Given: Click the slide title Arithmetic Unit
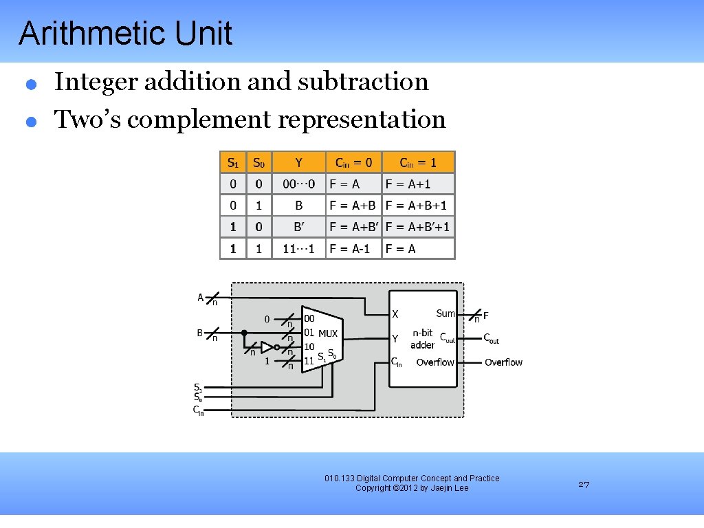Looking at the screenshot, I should (125, 34).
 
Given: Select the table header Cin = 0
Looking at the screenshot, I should (353, 162).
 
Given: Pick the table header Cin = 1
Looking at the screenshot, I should (418, 162).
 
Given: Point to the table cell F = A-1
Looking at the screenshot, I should (350, 249).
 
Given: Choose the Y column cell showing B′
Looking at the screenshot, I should (298, 227).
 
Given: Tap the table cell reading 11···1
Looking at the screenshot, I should (298, 249).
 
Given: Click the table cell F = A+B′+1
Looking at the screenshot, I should (418, 227).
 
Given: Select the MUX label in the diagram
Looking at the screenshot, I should (328, 334).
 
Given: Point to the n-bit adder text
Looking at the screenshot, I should (423, 339).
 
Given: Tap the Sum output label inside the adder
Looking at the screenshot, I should (445, 313).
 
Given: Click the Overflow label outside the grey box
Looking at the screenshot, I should (503, 362).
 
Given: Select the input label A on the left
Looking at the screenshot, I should (201, 298).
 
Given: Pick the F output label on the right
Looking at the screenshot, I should (486, 316).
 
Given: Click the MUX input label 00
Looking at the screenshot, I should (309, 319).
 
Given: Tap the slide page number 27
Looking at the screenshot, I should (584, 485).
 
